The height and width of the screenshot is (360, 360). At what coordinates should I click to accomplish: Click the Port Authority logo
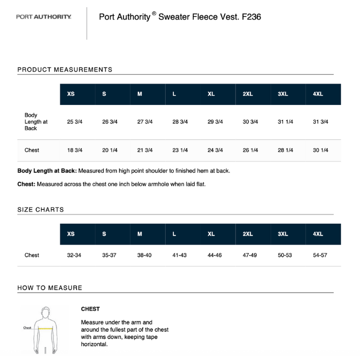(44, 17)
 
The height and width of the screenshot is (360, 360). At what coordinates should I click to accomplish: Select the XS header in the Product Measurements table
(71, 94)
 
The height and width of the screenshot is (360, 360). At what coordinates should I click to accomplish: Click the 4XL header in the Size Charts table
(318, 234)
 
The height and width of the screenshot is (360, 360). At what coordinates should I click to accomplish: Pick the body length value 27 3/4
(145, 122)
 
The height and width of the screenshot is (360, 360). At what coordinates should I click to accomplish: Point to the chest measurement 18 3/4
(75, 150)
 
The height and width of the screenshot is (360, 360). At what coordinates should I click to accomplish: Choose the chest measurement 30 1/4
(320, 150)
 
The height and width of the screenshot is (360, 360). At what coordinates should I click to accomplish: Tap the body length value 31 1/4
(285, 122)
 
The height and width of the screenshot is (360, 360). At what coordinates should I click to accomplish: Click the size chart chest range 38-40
(144, 255)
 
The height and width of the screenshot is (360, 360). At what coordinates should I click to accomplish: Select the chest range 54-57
(320, 255)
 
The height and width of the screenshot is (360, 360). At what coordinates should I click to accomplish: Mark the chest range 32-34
(74, 255)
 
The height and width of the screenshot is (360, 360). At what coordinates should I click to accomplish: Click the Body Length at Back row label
(35, 122)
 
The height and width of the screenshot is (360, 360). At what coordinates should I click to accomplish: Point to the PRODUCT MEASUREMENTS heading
(65, 69)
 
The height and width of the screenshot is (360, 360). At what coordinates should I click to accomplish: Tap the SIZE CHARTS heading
(41, 210)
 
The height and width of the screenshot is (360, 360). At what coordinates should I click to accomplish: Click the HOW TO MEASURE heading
(50, 288)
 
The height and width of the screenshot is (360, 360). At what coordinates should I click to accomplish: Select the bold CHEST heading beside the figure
(91, 309)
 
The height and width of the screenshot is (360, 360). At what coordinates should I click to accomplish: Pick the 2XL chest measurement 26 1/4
(250, 150)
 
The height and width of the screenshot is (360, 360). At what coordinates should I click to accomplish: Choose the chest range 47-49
(250, 255)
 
